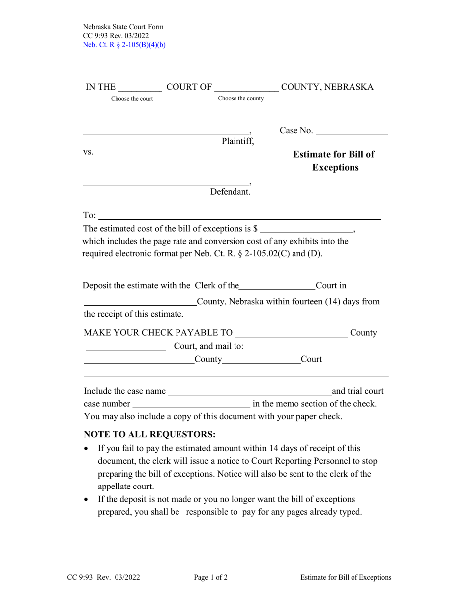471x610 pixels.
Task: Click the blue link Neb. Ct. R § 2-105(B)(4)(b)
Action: [x=124, y=44]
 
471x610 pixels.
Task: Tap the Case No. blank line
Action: [x=352, y=132]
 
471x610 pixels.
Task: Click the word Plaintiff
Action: [x=237, y=141]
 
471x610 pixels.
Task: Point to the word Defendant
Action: [x=230, y=192]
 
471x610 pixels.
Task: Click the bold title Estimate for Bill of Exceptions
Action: [x=334, y=161]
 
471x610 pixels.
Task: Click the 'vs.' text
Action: [x=88, y=152]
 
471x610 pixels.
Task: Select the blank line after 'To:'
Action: [x=239, y=217]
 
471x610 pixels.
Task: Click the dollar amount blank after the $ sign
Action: [x=306, y=230]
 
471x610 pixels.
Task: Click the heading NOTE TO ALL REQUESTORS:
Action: [x=150, y=435]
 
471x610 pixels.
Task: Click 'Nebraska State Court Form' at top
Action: [x=123, y=27]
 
